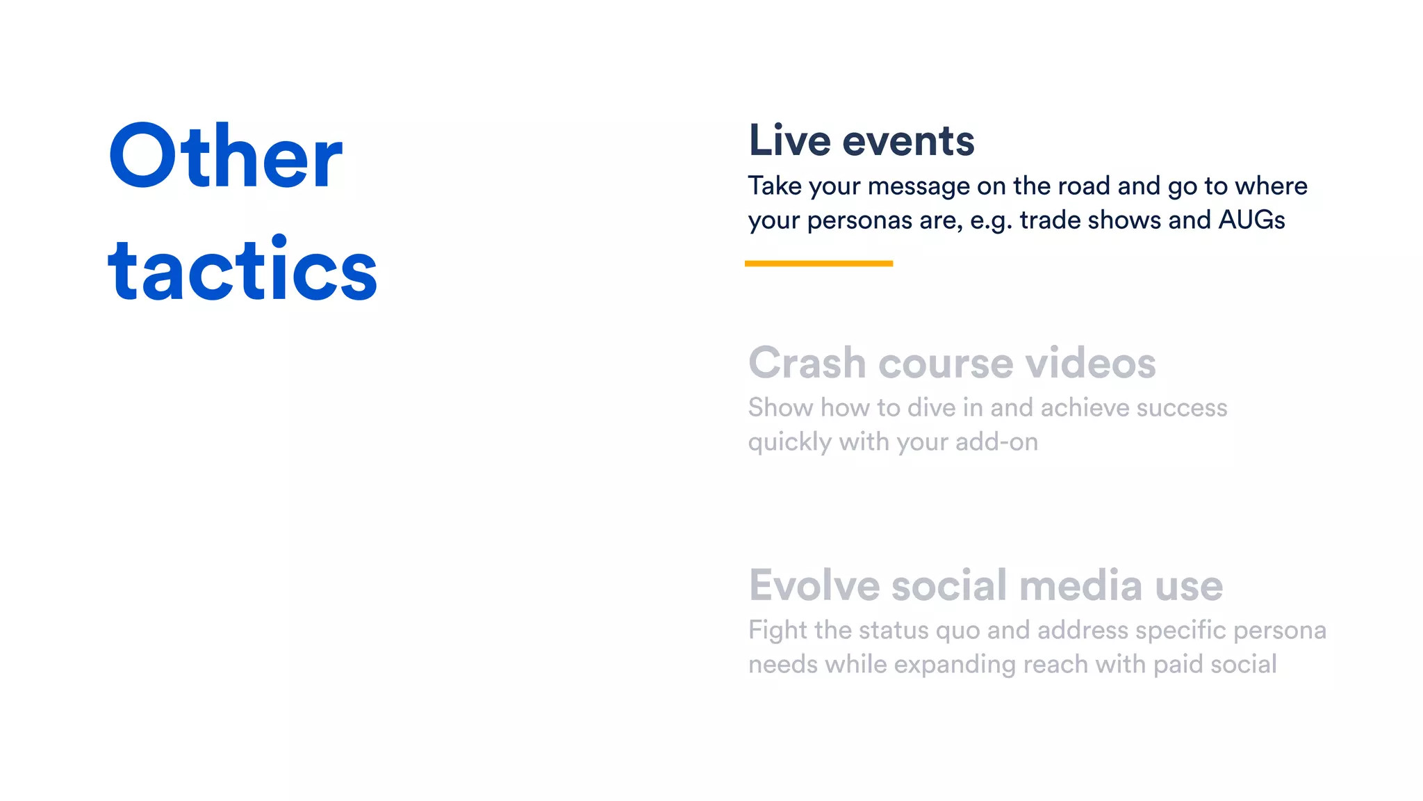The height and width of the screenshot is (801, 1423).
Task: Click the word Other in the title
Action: pyautogui.click(x=226, y=156)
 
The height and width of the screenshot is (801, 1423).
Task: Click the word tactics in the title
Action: pyautogui.click(x=242, y=270)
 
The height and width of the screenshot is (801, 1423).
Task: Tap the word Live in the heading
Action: pyautogui.click(x=789, y=140)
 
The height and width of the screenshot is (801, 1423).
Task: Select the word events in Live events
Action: pyautogui.click(x=908, y=140)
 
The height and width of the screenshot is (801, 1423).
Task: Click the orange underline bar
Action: pyautogui.click(x=819, y=264)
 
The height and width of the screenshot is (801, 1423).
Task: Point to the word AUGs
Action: pyautogui.click(x=1251, y=220)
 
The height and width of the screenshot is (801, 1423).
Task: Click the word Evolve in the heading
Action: pyautogui.click(x=814, y=585)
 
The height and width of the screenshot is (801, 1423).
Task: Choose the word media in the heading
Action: pyautogui.click(x=1080, y=585)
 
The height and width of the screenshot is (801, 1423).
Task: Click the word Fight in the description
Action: pyautogui.click(x=778, y=630)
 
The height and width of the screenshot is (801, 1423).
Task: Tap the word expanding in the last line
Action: pyautogui.click(x=955, y=665)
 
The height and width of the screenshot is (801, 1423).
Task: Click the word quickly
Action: pyautogui.click(x=789, y=442)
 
